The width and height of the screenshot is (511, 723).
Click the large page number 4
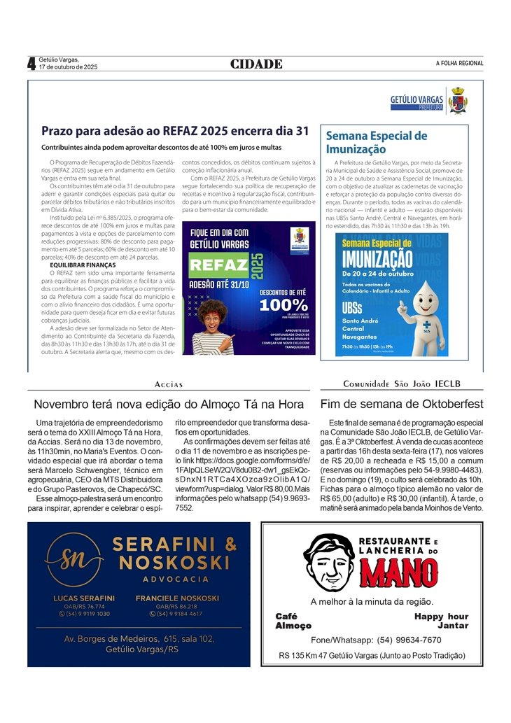pos(31,64)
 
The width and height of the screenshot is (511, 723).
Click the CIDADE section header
pos(256,64)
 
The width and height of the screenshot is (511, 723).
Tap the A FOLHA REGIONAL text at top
pos(459,64)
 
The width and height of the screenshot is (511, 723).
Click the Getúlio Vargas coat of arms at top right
pos(458,100)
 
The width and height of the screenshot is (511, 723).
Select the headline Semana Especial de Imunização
pos(377,142)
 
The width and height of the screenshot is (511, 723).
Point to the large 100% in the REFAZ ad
pos(283,305)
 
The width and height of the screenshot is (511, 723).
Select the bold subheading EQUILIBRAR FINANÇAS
pos(82,265)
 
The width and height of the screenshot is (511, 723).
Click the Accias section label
pos(169,384)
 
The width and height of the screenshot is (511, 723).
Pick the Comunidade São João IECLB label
pos(402,384)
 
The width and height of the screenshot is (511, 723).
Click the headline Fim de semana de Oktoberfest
pos(402,404)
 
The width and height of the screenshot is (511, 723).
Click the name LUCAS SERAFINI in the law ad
pos(84,598)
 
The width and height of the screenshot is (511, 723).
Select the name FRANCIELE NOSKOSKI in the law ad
pos(177,598)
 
